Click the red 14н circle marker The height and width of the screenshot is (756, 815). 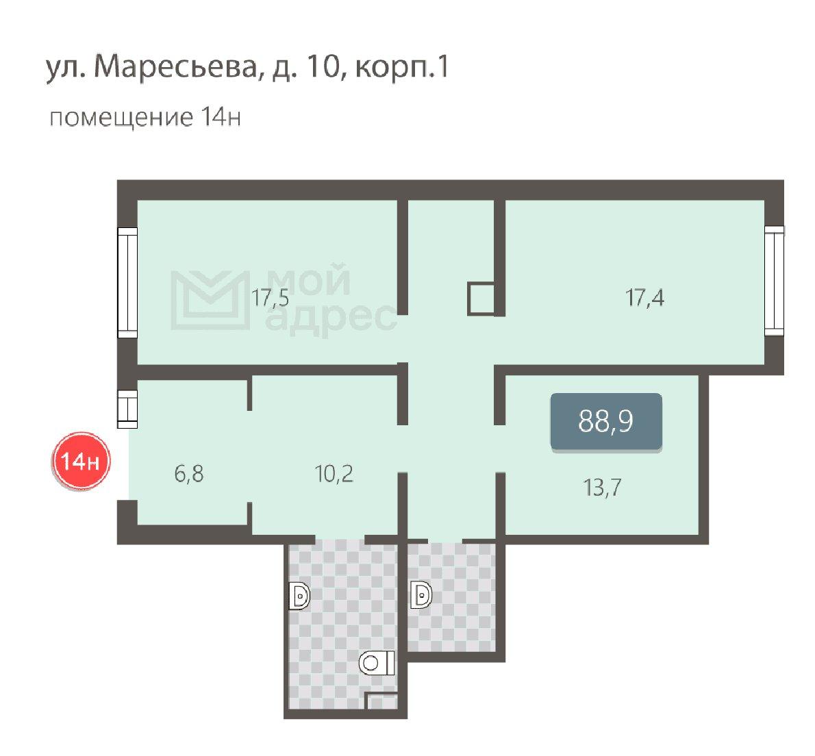point(80,461)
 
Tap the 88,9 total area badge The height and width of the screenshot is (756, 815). point(606,421)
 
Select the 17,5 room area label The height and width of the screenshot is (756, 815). point(271,299)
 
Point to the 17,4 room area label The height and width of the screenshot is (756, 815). point(644,299)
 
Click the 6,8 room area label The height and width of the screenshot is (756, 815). point(188,474)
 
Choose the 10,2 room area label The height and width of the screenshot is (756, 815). point(334,474)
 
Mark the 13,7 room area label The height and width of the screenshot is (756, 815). point(603,488)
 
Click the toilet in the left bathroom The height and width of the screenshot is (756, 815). point(377,663)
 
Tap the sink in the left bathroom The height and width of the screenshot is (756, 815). point(299,596)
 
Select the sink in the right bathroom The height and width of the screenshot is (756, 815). point(421,595)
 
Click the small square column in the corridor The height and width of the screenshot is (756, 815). point(481,299)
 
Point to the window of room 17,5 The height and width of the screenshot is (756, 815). point(127,283)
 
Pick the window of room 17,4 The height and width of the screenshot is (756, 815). point(775,281)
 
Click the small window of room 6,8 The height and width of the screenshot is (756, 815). point(127,409)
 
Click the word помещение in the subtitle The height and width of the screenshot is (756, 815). point(121,118)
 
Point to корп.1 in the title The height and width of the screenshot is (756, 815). point(401,68)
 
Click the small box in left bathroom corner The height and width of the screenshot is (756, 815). point(382,701)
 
